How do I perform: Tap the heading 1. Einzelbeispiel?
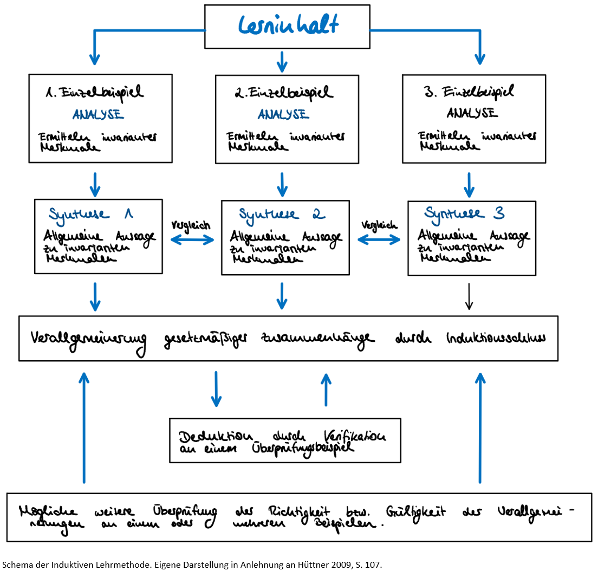coord(95,93)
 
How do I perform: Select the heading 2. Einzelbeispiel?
coord(284,93)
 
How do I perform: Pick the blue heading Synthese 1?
coord(90,213)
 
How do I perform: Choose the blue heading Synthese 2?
coord(282,215)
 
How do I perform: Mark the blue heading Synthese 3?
coord(464,213)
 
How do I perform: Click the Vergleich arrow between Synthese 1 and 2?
coord(192,241)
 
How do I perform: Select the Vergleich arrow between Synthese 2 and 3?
coord(380,240)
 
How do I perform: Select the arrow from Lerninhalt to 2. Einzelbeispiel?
coord(282,61)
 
